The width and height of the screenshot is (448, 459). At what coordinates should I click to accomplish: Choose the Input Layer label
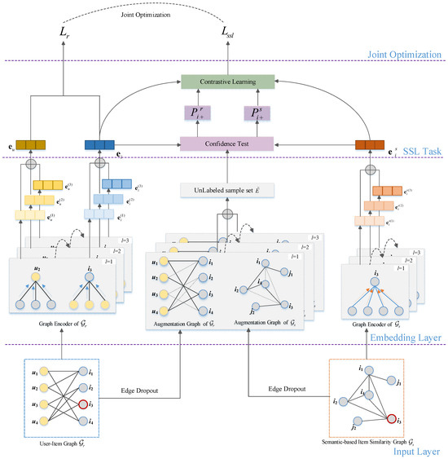[x=416, y=450]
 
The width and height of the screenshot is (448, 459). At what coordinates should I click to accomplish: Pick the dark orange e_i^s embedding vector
[x=370, y=145]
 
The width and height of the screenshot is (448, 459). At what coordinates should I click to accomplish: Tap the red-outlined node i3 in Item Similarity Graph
[x=392, y=421]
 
